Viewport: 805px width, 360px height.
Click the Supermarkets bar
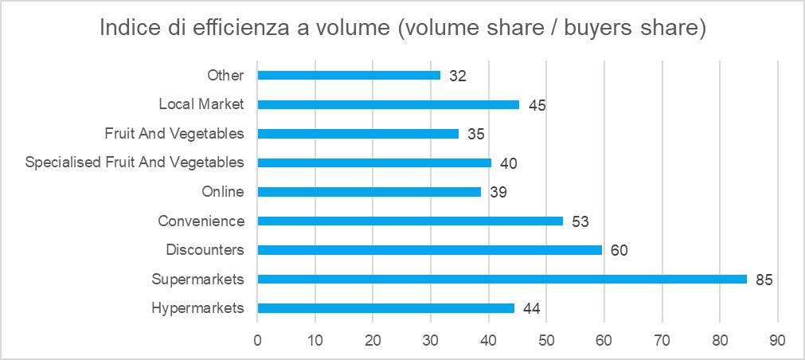coord(502,279)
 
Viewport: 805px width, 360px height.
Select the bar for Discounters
coord(430,250)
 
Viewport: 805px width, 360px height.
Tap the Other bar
coord(349,76)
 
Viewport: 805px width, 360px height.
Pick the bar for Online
coord(369,192)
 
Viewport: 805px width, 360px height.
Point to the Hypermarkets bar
coord(386,308)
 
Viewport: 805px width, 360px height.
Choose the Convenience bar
coord(410,221)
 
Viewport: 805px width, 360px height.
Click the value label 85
coord(764,279)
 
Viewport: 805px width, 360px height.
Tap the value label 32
coord(457,76)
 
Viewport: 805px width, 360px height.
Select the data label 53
coord(580,221)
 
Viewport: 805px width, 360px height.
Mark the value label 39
coord(498,192)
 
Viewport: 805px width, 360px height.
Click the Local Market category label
coord(201,104)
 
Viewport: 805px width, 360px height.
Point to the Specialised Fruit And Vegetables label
coord(135,162)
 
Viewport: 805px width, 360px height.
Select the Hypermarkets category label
coord(197,308)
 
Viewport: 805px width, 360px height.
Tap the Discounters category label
coord(205,250)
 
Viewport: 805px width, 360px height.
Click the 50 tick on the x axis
coord(546,340)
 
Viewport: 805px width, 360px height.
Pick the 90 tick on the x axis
coord(777,340)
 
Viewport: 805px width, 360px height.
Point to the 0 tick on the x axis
coord(257,340)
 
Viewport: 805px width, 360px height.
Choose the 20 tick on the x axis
coord(373,340)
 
